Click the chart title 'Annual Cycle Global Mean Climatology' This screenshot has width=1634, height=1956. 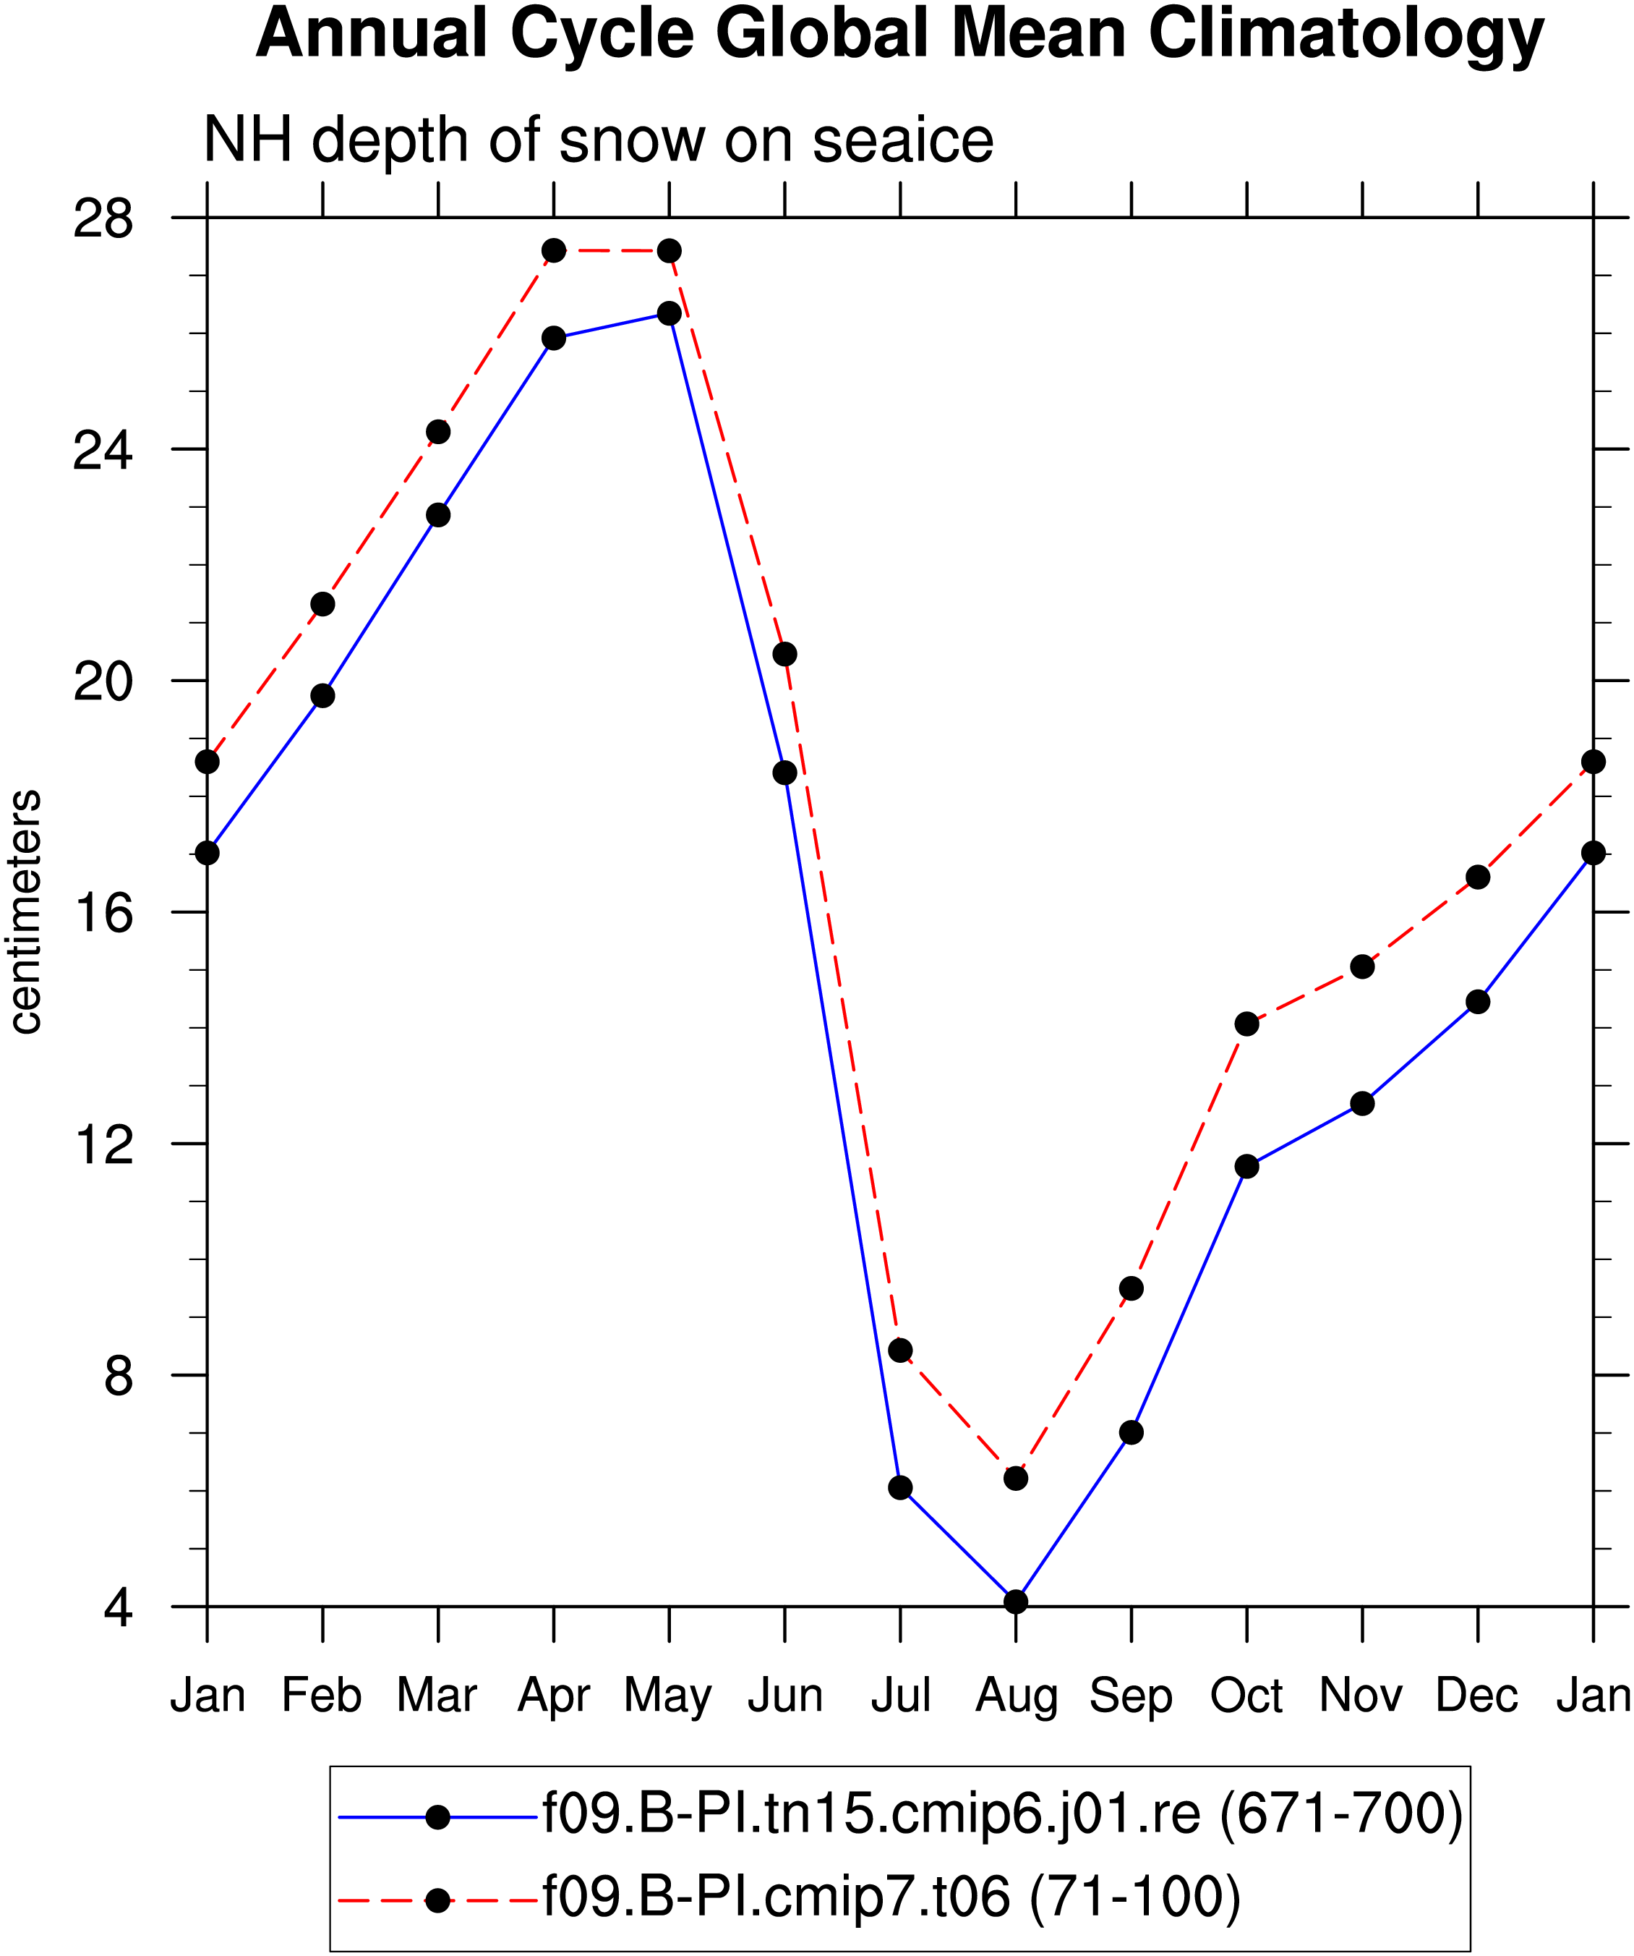tap(899, 35)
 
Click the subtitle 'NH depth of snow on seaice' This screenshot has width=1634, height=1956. tap(599, 142)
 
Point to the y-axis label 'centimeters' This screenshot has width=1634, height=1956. tap(25, 912)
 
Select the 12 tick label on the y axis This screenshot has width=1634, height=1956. tap(103, 1144)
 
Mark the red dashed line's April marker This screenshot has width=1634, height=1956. tap(554, 250)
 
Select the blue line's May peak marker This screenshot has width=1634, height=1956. tap(670, 314)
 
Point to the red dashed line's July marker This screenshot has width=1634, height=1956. tap(900, 1351)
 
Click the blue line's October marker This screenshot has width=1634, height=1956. tap(1246, 1167)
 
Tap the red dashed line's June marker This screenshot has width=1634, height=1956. tap(785, 655)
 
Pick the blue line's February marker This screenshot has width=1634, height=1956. tap(323, 696)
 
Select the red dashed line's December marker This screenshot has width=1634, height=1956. tap(1478, 877)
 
